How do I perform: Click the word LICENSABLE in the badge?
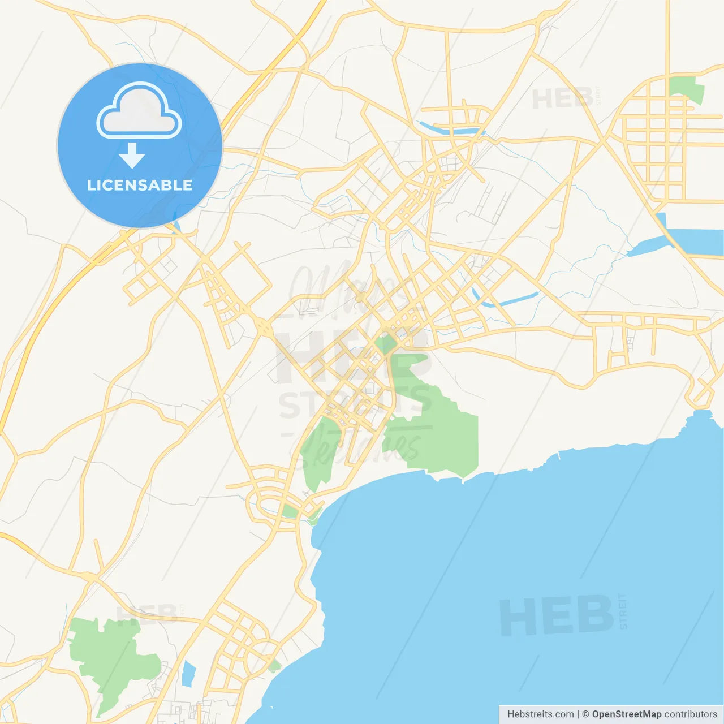(140, 185)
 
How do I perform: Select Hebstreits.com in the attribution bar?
(540, 714)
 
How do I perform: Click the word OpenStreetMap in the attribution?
(626, 714)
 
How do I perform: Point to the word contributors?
(691, 714)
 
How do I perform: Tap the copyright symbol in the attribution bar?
(585, 714)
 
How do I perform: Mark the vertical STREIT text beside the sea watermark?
(623, 611)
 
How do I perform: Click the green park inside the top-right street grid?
(687, 89)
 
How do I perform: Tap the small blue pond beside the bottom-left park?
(188, 673)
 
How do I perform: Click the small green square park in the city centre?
(386, 343)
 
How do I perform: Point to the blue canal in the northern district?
(450, 130)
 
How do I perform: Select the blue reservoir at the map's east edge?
(693, 238)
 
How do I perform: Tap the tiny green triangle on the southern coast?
(275, 666)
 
